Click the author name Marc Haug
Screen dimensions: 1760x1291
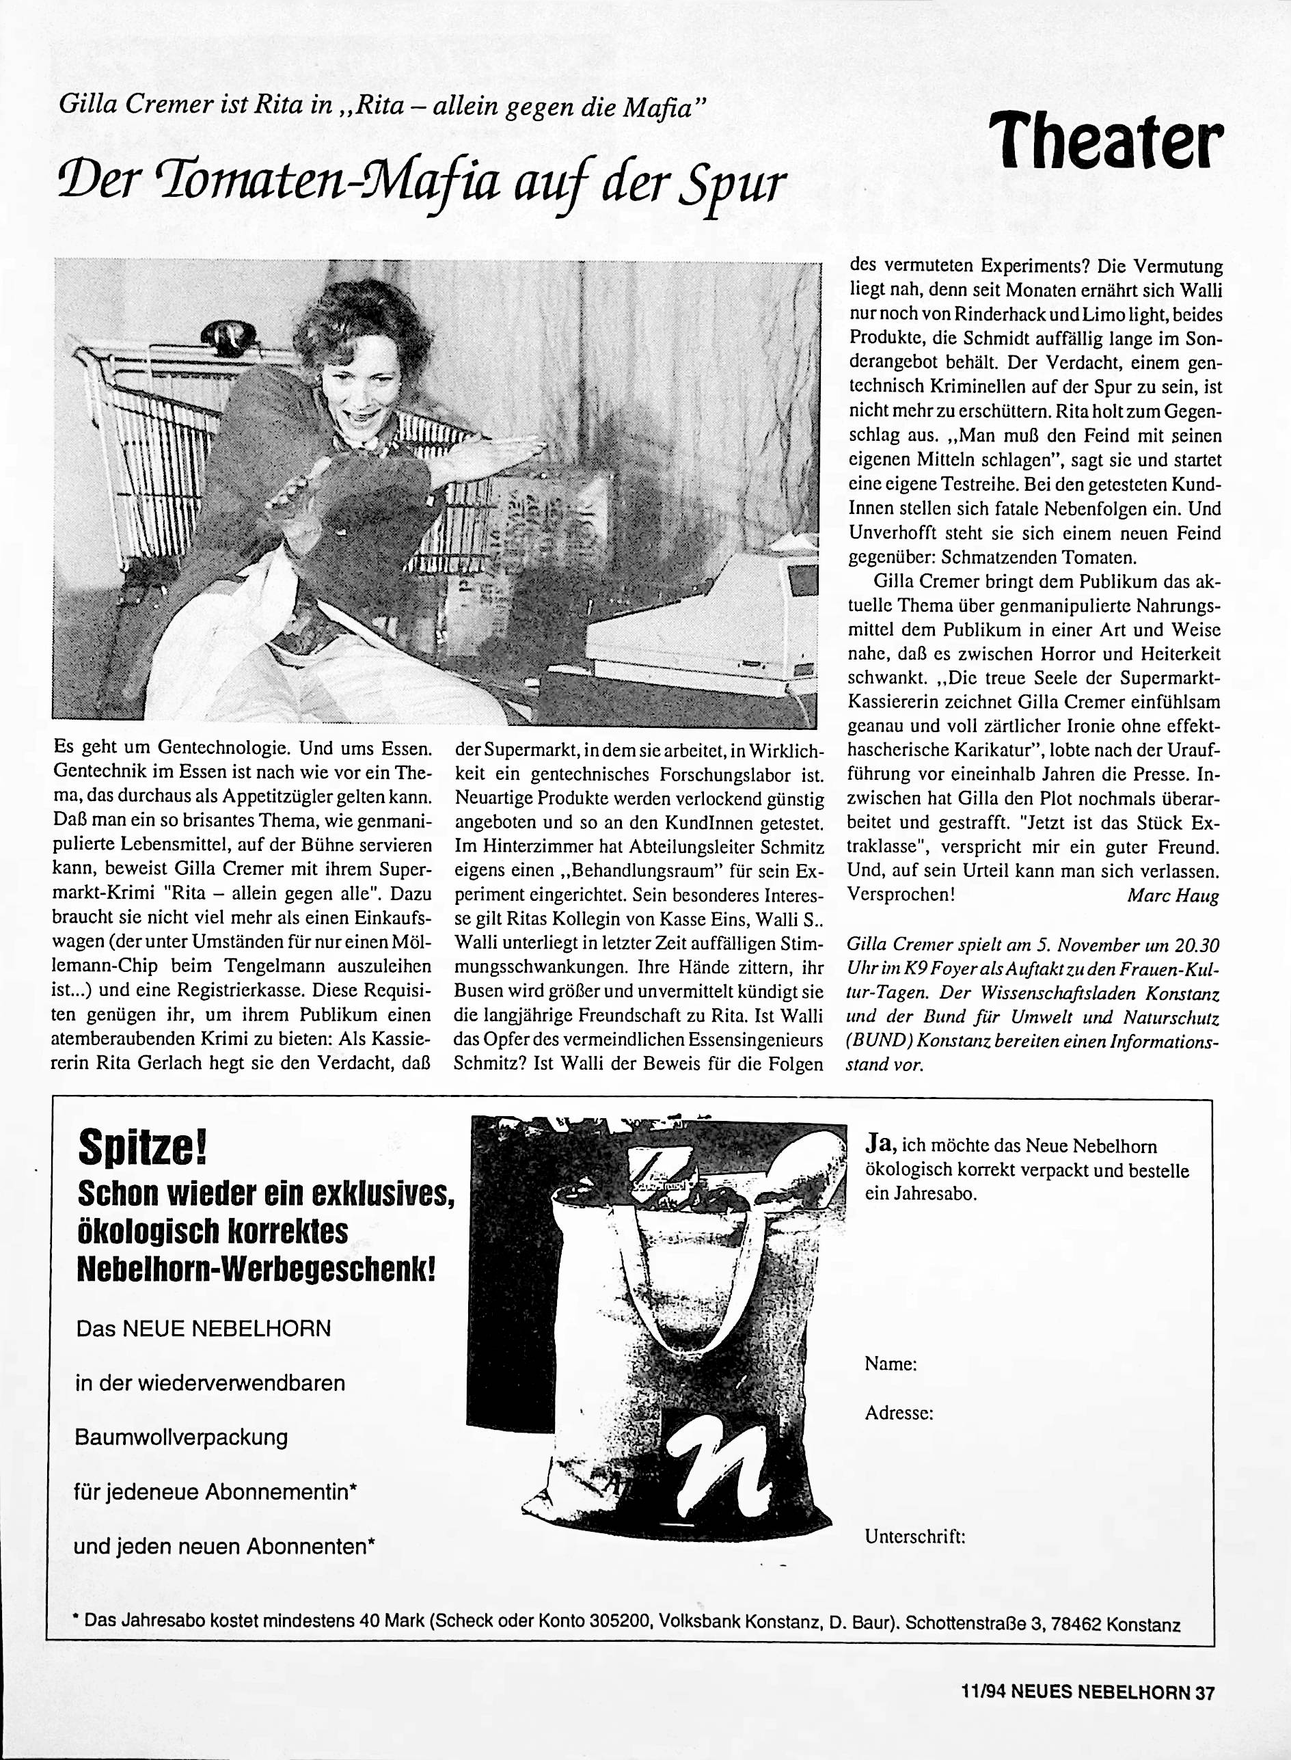pyautogui.click(x=1172, y=895)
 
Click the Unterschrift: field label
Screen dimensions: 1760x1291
pyautogui.click(x=914, y=1537)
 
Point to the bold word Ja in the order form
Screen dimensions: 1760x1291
pyautogui.click(x=882, y=1145)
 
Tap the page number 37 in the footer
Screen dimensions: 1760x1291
pyautogui.click(x=1204, y=1709)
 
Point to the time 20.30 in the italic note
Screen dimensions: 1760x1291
pyautogui.click(x=1195, y=946)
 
